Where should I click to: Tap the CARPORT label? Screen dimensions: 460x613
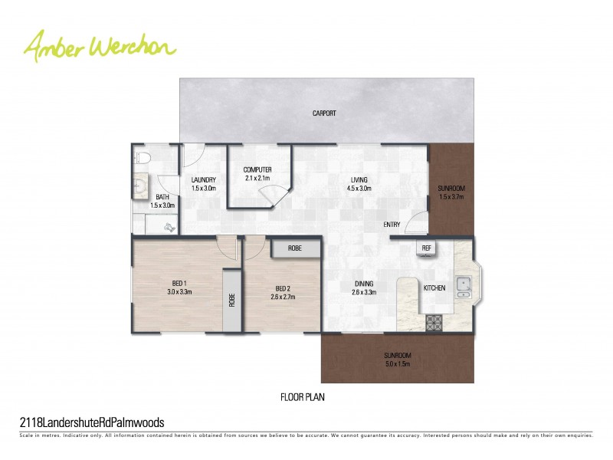click(324, 113)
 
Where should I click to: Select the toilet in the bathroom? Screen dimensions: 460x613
click(141, 159)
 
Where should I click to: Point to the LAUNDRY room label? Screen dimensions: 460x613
click(204, 184)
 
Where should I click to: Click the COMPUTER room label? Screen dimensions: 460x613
click(257, 174)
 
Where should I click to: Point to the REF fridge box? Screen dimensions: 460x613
click(426, 248)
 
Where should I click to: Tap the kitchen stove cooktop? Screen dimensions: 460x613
click(434, 322)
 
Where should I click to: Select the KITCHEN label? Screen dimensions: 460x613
click(434, 287)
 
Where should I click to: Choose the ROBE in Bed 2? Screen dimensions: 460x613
click(295, 248)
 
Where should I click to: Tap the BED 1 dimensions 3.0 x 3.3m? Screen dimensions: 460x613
click(179, 292)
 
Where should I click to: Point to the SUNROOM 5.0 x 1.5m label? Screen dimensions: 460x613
click(398, 360)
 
